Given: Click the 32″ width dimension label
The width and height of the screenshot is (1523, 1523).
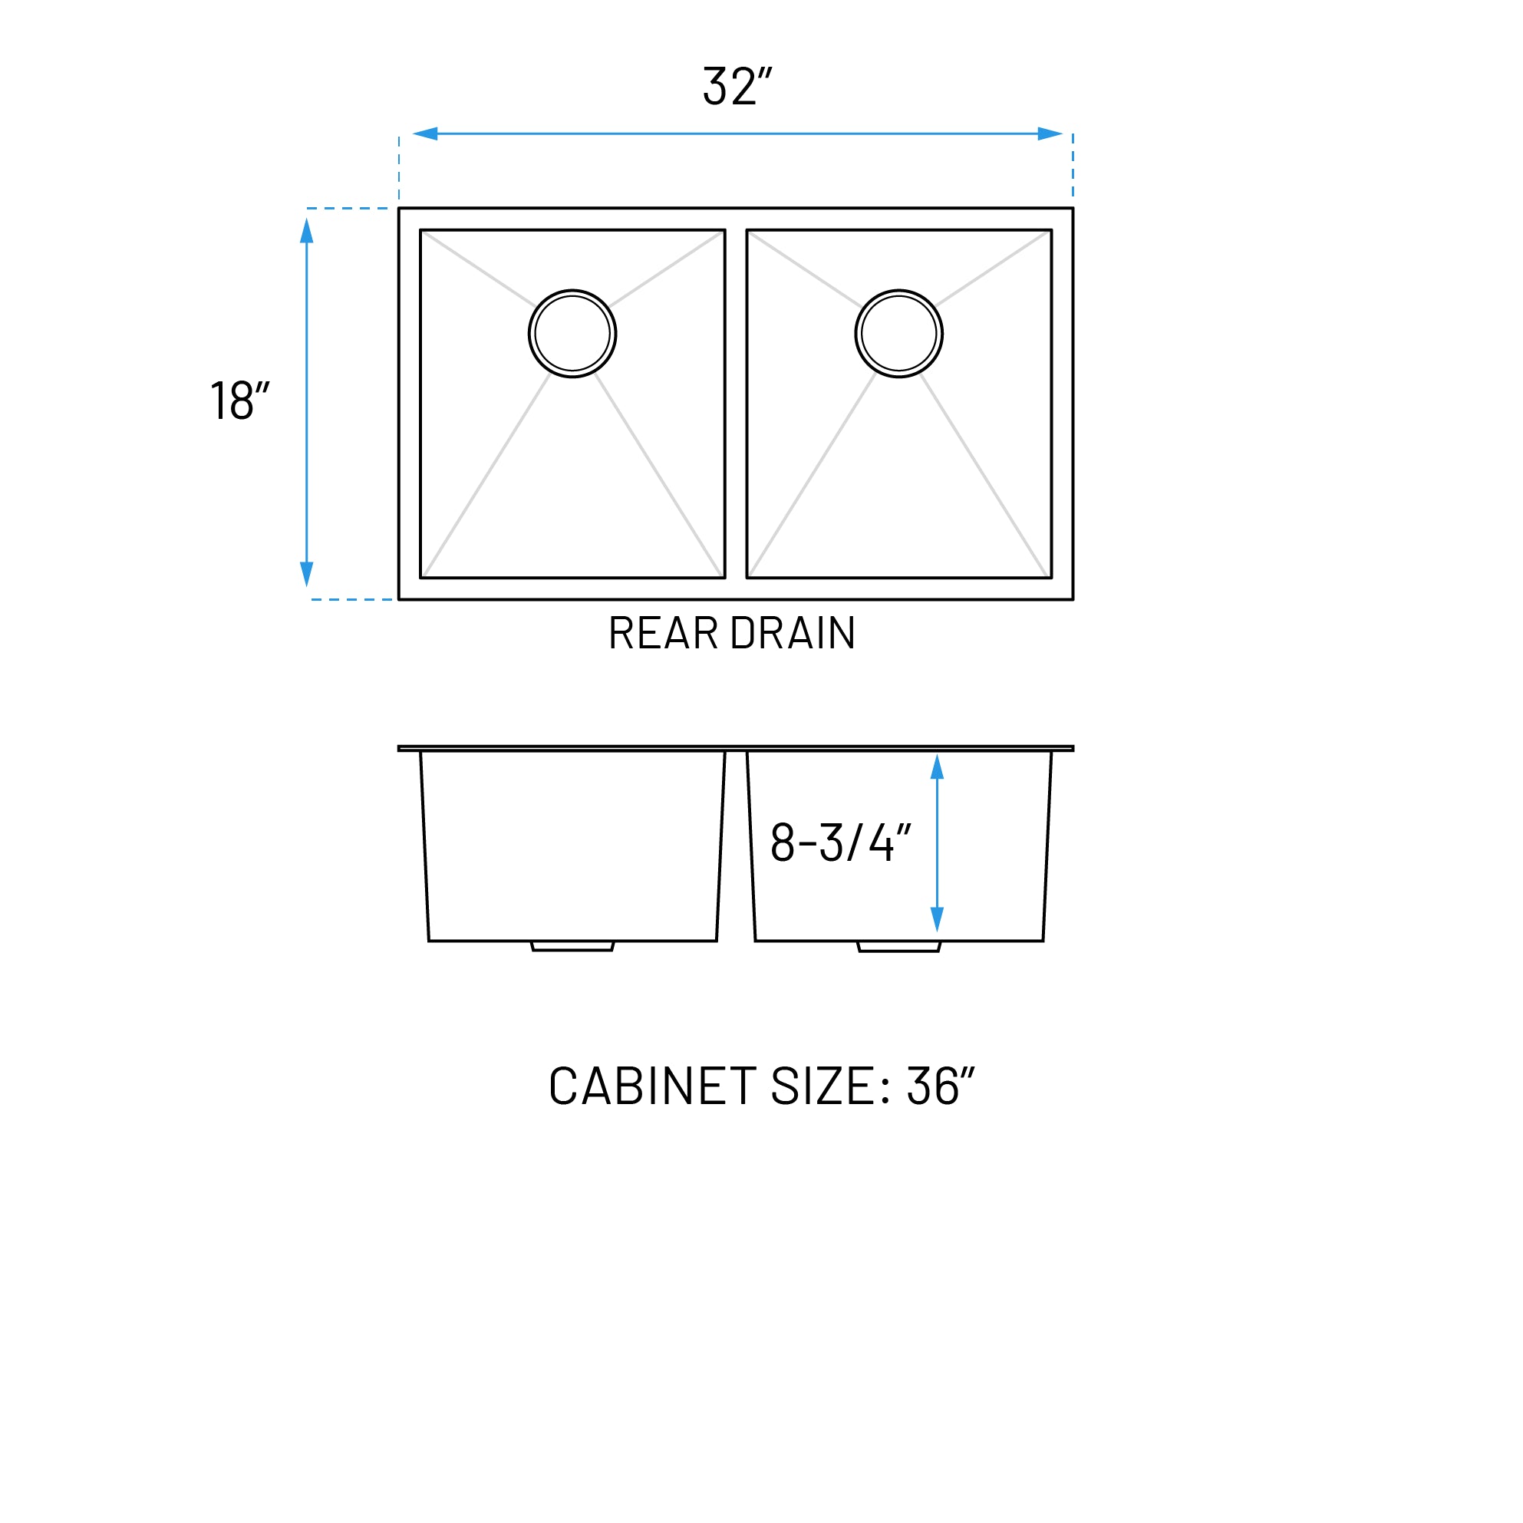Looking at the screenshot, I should point(737,86).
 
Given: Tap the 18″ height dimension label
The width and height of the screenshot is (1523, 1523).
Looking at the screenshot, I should point(239,401).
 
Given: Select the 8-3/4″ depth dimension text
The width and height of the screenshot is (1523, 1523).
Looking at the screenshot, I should point(839,842).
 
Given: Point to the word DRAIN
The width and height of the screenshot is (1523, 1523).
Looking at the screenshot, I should point(793,633).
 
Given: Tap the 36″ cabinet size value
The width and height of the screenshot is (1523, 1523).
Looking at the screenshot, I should point(940,1086).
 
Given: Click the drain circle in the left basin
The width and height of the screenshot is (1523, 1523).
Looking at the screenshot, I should point(572,334).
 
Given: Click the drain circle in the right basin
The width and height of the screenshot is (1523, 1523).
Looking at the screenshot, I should point(898,334).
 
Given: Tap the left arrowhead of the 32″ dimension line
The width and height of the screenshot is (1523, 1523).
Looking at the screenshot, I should point(426,134).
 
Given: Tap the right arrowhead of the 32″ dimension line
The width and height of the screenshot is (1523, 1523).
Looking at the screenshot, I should point(1050,134).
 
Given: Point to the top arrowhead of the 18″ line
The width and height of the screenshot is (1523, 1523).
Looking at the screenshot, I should point(307,231).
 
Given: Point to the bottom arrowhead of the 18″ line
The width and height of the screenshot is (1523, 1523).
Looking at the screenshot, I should point(307,573).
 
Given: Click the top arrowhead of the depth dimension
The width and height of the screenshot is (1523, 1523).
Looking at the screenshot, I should point(937,767).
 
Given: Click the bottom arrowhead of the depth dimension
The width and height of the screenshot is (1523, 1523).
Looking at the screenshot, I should point(937,919).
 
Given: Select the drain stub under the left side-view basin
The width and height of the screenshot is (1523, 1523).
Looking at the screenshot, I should point(572,946).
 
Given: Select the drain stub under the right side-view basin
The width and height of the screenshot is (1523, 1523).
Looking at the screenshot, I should point(898,946).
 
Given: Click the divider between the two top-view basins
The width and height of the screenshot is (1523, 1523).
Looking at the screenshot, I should point(736,404).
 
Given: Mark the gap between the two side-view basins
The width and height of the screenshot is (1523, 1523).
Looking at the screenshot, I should point(737,843).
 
